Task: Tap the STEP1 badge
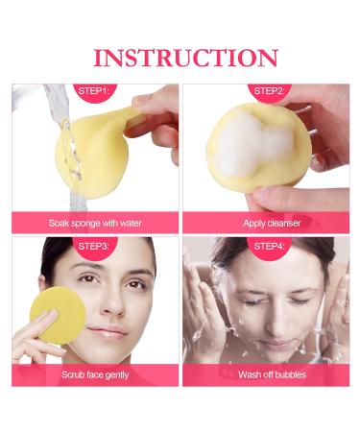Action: click(x=93, y=93)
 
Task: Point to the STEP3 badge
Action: click(x=93, y=245)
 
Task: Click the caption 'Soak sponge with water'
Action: click(x=95, y=223)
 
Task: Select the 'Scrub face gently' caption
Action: click(x=95, y=374)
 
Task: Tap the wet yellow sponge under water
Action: click(x=91, y=149)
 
